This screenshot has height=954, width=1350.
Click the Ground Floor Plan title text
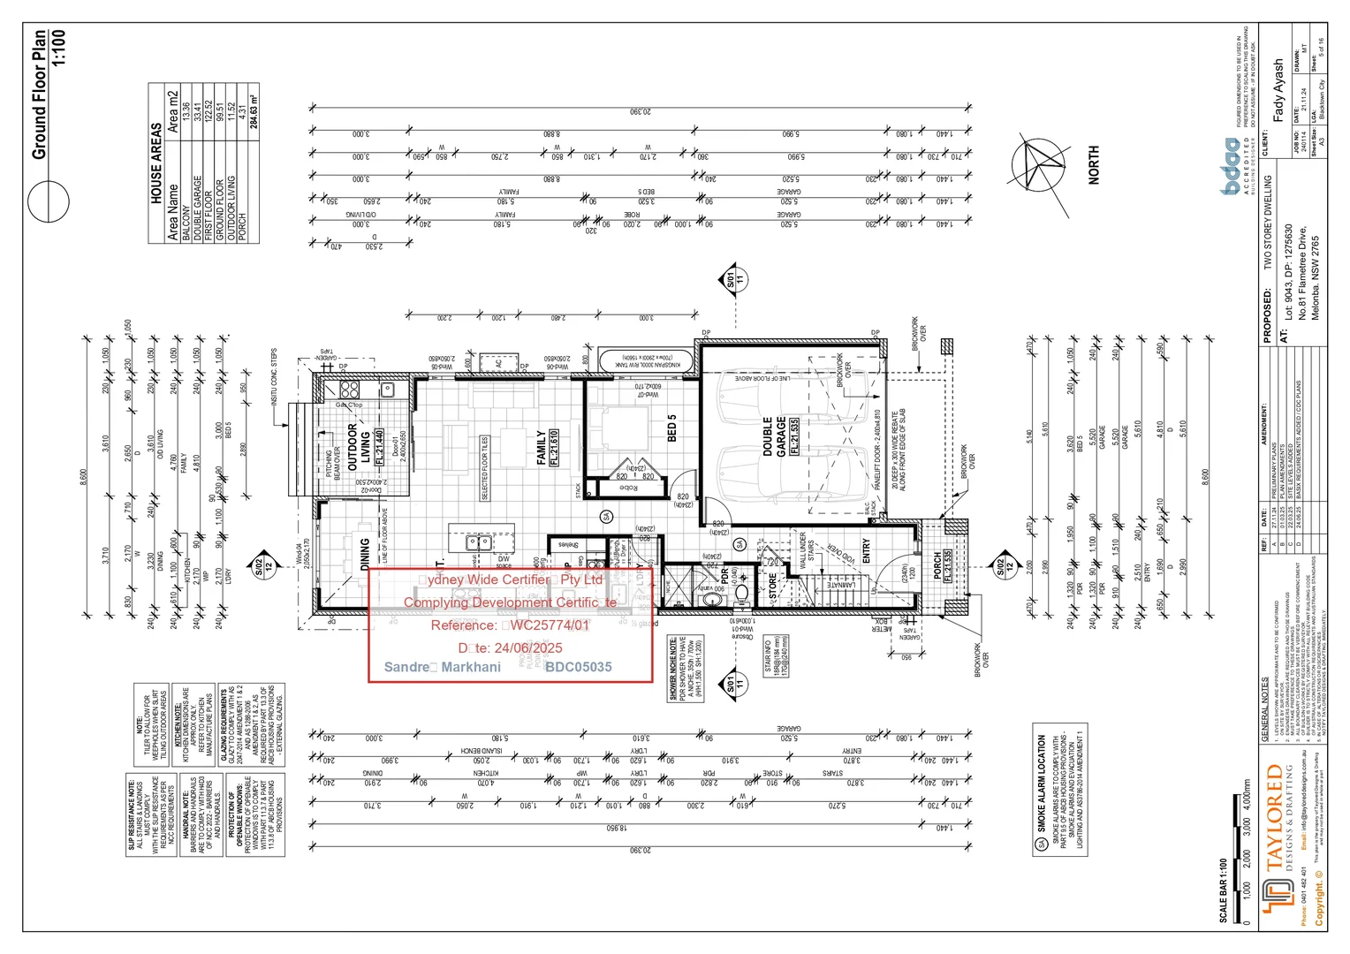point(39,95)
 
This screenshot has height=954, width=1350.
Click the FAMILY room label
point(542,448)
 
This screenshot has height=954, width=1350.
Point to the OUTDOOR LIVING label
point(358,447)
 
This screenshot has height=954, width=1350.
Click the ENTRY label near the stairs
point(866,551)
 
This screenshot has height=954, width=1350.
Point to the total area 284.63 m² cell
point(254,111)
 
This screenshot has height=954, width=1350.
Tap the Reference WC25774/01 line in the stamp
point(510,625)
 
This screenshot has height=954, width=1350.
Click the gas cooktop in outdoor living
point(349,390)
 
